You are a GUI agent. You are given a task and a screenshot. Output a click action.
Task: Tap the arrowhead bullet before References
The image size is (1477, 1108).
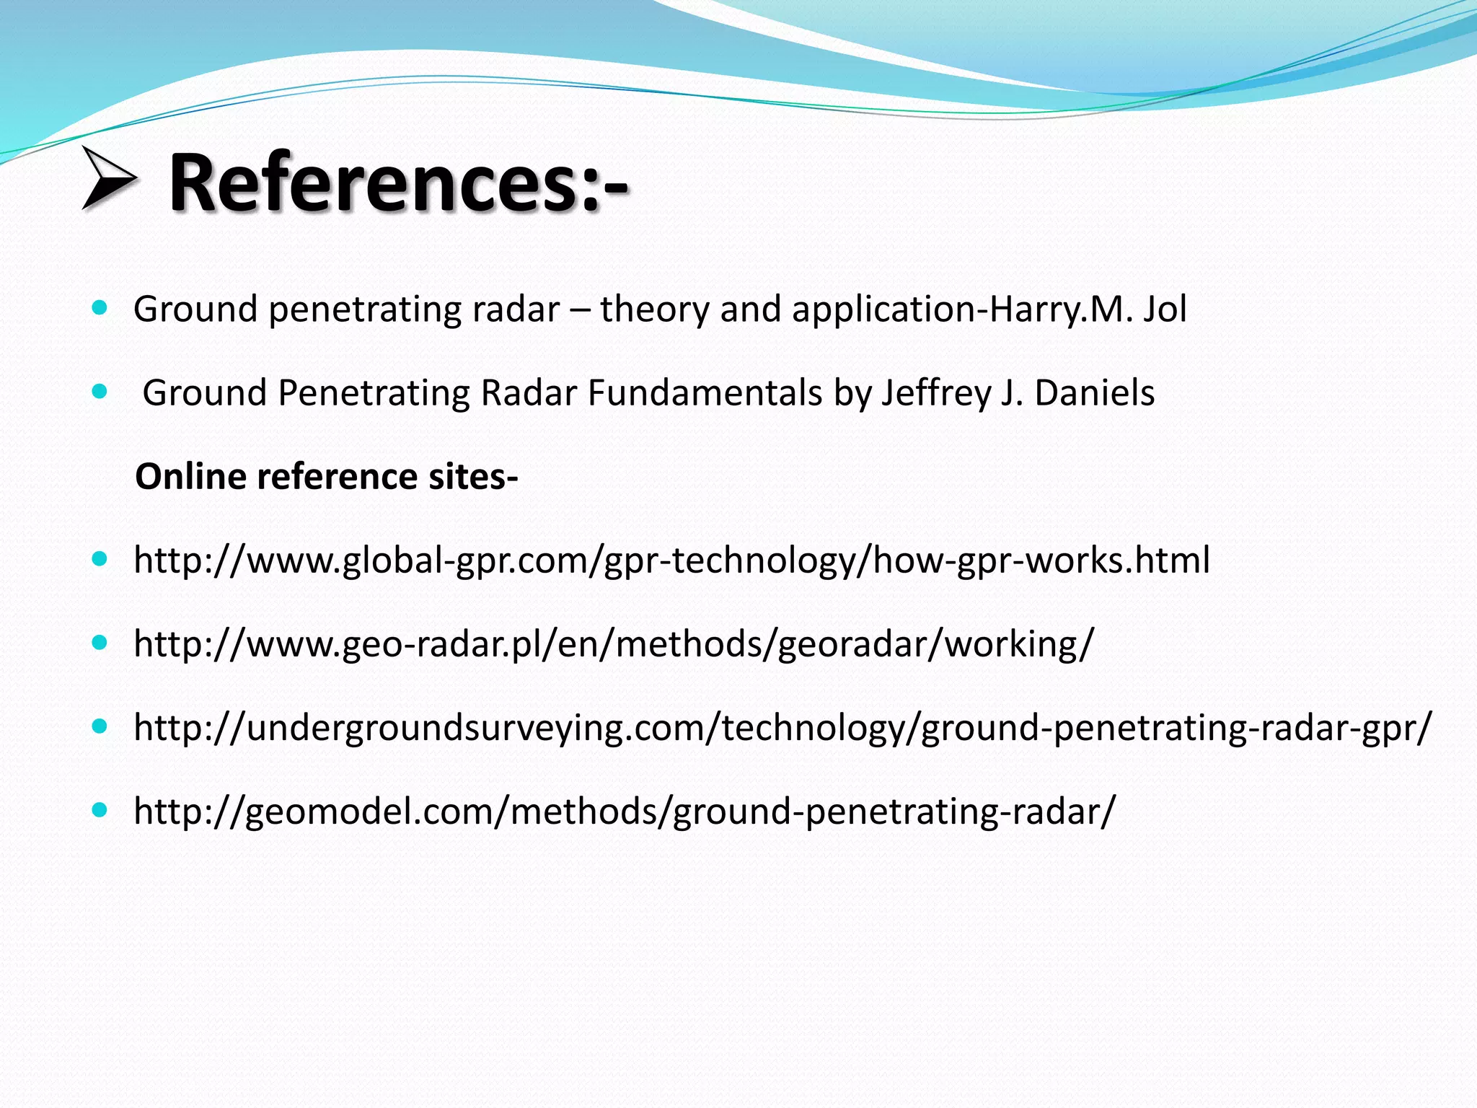(x=108, y=178)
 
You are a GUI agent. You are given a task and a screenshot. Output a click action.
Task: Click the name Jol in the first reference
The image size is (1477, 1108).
(x=1164, y=309)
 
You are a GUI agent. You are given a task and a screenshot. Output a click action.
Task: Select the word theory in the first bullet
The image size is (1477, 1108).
(x=653, y=309)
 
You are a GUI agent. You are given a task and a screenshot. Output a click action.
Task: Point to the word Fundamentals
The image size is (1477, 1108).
(x=705, y=393)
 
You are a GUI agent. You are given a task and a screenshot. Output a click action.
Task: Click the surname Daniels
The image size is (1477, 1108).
(x=1094, y=393)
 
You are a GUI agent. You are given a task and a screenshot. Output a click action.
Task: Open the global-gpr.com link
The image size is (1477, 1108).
(x=671, y=560)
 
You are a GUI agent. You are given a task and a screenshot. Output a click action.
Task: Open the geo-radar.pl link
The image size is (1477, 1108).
(x=614, y=643)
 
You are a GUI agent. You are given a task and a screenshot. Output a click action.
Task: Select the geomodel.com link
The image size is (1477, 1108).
(x=625, y=811)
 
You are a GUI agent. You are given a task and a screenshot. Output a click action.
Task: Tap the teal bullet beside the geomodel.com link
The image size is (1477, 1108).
(x=100, y=810)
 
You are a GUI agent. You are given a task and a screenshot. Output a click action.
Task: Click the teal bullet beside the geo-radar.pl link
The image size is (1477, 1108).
(x=100, y=643)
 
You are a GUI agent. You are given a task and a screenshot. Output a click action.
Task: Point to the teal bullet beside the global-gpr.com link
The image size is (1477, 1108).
(x=100, y=559)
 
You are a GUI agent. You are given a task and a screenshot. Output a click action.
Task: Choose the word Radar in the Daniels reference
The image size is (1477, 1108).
(x=529, y=393)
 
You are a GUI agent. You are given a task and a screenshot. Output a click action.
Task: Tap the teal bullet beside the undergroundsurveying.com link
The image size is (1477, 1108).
(x=100, y=726)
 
